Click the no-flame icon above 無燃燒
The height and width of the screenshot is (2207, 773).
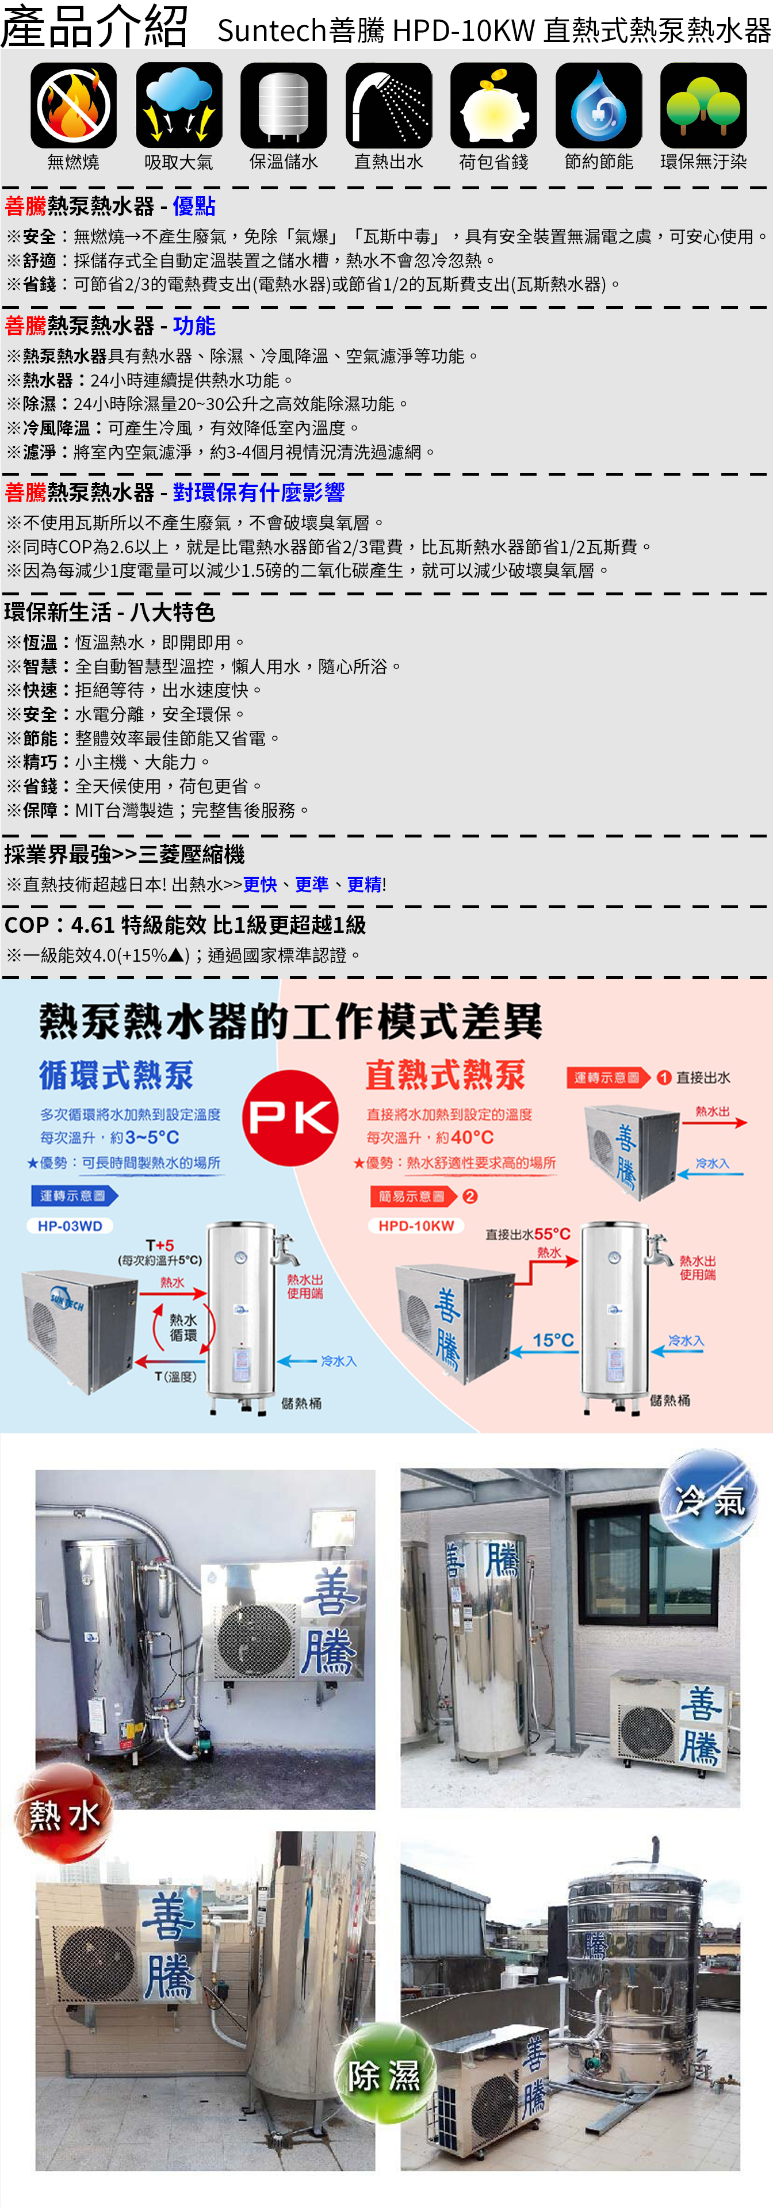click(74, 105)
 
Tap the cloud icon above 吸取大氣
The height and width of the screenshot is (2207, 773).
click(179, 105)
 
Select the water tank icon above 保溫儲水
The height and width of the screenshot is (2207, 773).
click(284, 105)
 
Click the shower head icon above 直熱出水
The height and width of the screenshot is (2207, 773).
click(389, 105)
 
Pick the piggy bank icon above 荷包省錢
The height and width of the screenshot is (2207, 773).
click(493, 105)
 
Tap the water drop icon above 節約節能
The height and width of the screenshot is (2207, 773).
click(599, 105)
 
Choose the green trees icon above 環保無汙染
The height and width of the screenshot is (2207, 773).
click(703, 105)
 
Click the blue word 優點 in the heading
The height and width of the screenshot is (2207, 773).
click(194, 206)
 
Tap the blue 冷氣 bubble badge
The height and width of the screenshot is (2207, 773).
click(709, 1498)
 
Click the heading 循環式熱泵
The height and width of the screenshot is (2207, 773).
click(117, 1075)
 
